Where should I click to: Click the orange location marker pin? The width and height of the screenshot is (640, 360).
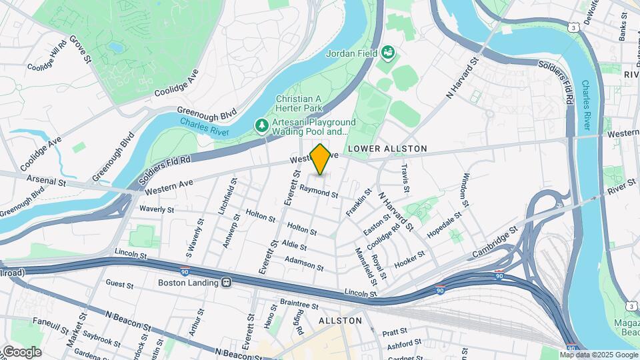[321, 159]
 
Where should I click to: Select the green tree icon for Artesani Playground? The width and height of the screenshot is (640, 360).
[262, 125]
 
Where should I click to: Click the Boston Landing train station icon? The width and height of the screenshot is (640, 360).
[227, 283]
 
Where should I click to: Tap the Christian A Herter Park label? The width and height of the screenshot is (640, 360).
[299, 103]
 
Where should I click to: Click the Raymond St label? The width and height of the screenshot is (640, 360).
[319, 192]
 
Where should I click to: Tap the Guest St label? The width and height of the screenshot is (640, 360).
[119, 285]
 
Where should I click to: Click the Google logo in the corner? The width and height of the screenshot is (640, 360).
[21, 352]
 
